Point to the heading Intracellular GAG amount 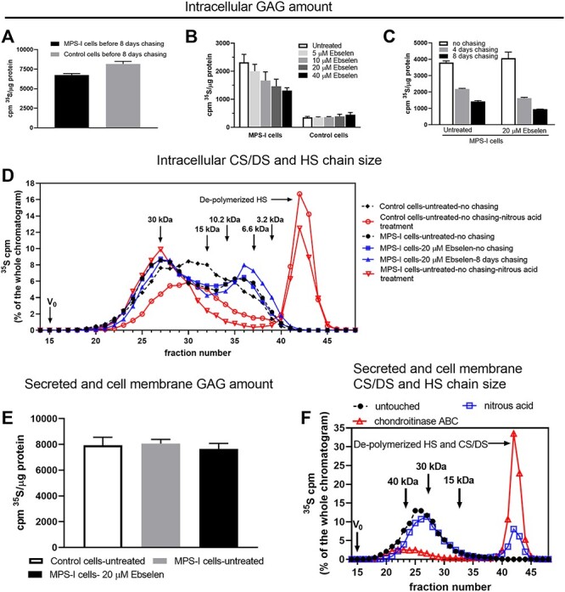pyautogui.click(x=282, y=10)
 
